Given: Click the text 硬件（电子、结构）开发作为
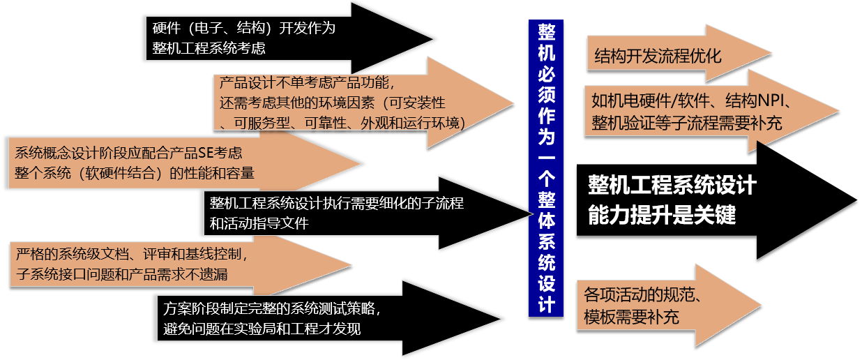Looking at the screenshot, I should (244, 29).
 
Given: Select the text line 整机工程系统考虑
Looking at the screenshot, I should (209, 49).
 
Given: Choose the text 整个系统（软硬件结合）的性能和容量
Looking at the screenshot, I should (135, 172).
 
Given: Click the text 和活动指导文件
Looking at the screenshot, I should (259, 224).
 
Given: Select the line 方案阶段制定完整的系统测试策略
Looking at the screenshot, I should (273, 308).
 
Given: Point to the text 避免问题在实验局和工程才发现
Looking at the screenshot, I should (262, 328).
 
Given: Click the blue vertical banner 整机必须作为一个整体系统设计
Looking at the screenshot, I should (546, 167).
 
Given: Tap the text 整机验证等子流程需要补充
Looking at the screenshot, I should (686, 123).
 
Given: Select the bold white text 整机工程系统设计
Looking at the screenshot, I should (672, 185).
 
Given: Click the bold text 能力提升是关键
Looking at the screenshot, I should (662, 215).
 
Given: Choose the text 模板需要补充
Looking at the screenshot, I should (631, 317).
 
